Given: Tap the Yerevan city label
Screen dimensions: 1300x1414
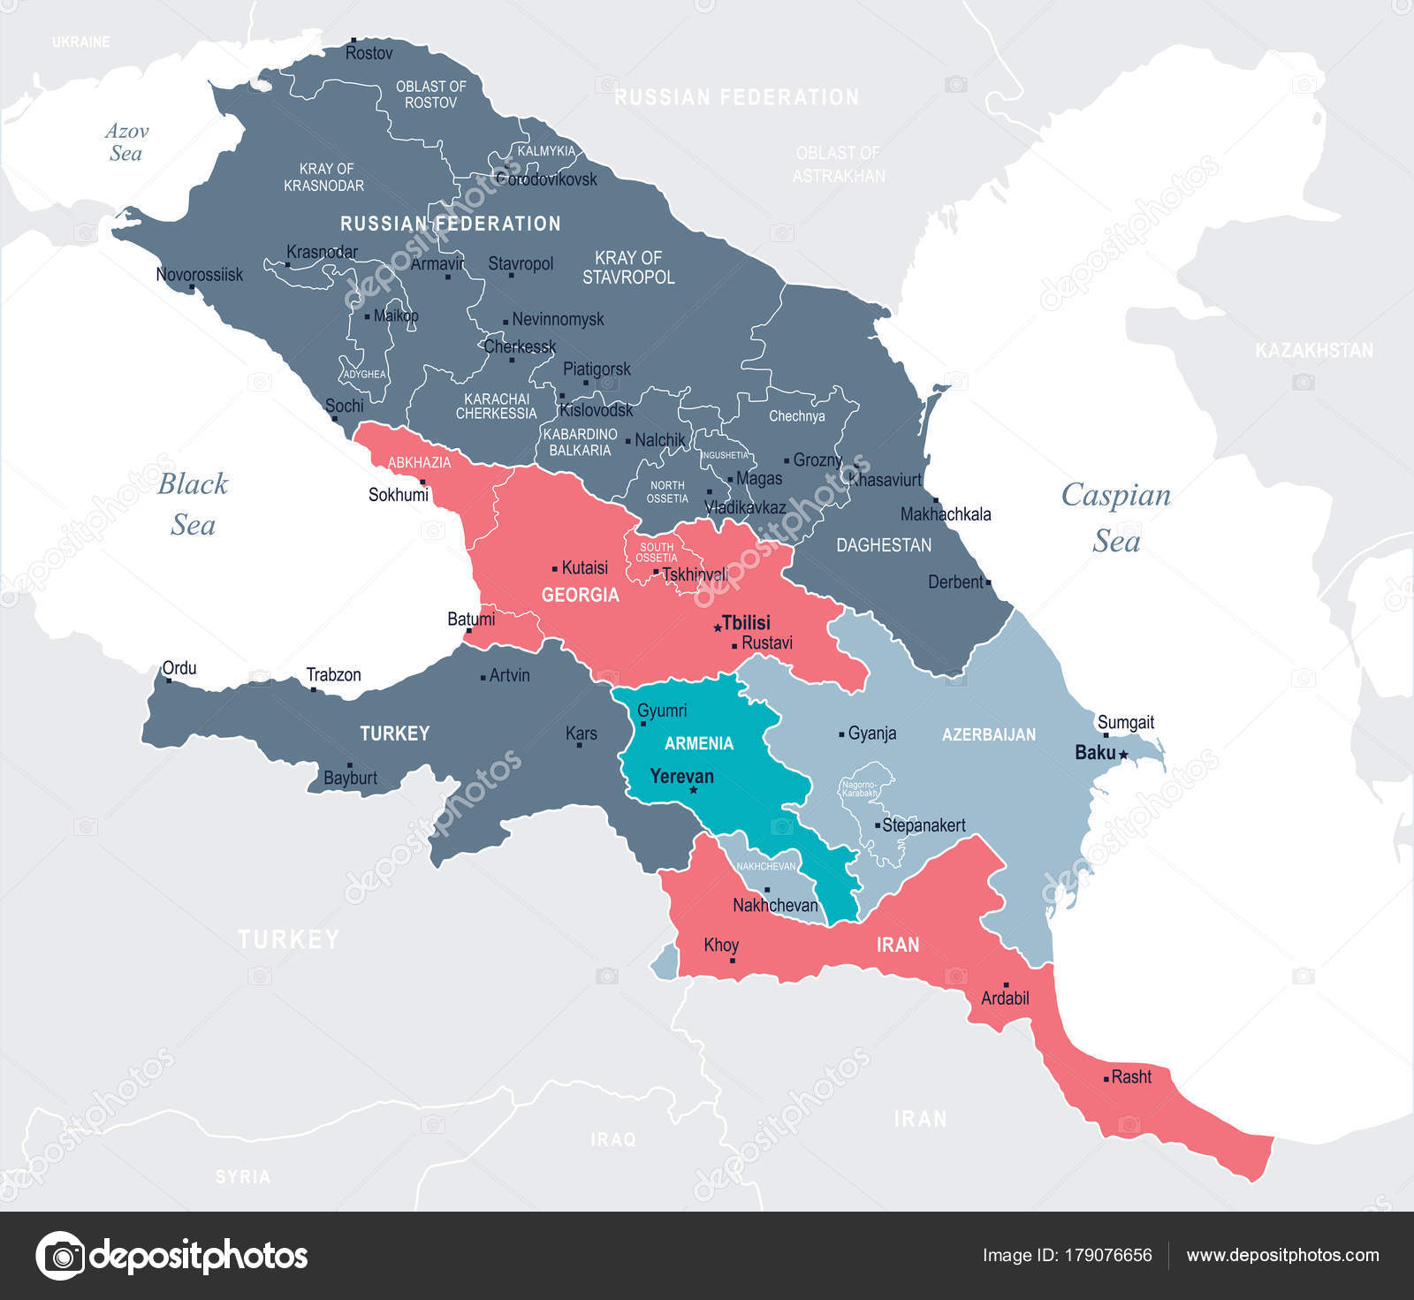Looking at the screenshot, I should pyautogui.click(x=681, y=777).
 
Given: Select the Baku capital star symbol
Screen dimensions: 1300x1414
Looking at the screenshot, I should pyautogui.click(x=1123, y=755).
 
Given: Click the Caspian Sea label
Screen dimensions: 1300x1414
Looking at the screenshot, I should pyautogui.click(x=1116, y=517).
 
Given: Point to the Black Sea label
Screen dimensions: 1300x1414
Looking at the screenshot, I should pyautogui.click(x=193, y=504).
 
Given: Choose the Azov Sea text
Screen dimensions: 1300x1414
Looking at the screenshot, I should pyautogui.click(x=126, y=142).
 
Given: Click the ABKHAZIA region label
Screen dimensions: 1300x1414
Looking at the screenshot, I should pyautogui.click(x=419, y=462).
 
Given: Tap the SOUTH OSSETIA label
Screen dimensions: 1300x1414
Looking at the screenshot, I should pyautogui.click(x=657, y=552).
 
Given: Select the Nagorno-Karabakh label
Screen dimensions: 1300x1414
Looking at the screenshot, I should pyautogui.click(x=860, y=789).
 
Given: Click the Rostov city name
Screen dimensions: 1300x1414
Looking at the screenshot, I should pyautogui.click(x=369, y=54).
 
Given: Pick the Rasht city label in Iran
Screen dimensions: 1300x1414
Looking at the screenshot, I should pyautogui.click(x=1131, y=1077).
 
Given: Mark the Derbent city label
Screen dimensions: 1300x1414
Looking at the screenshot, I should pyautogui.click(x=955, y=582).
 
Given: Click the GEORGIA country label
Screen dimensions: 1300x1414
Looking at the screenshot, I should pyautogui.click(x=580, y=595).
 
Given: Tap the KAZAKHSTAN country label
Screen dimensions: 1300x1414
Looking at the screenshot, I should pyautogui.click(x=1314, y=351).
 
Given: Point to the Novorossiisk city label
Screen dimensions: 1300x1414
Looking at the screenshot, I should pyautogui.click(x=199, y=275).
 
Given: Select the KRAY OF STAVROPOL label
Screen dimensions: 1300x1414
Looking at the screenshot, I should pyautogui.click(x=628, y=268).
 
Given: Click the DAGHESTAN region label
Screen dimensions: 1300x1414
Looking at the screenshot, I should pyautogui.click(x=884, y=545).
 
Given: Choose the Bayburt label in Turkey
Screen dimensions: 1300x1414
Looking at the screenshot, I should pyautogui.click(x=350, y=779).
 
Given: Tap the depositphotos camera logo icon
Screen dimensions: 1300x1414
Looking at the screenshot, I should pyautogui.click(x=60, y=1255).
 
